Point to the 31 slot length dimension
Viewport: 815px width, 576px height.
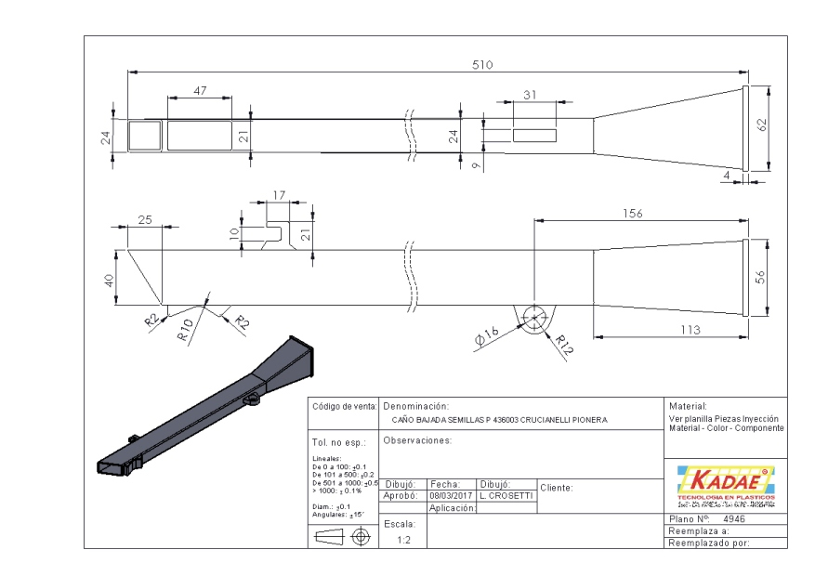[531, 96]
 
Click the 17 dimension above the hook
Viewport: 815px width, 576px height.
[280, 196]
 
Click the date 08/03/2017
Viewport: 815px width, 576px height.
[452, 496]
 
